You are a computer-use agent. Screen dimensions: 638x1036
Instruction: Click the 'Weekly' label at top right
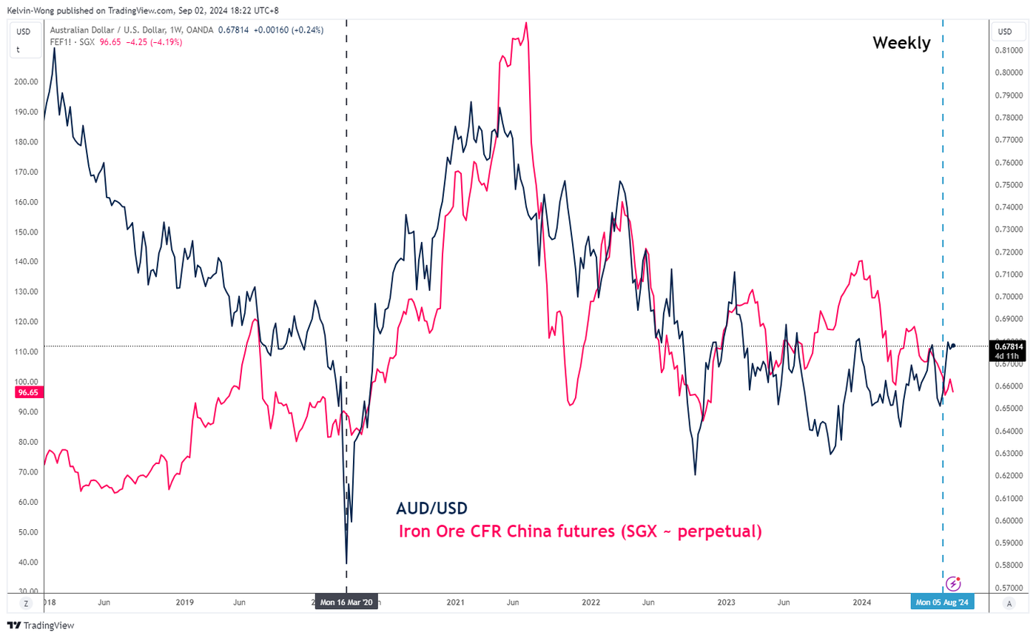tap(901, 43)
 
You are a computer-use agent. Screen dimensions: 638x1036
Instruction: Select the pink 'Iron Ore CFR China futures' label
tap(580, 531)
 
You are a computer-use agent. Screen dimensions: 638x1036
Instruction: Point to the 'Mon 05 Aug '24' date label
tap(942, 602)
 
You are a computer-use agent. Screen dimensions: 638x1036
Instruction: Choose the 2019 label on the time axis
tap(185, 602)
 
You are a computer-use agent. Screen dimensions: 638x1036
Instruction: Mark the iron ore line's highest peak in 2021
tap(526, 23)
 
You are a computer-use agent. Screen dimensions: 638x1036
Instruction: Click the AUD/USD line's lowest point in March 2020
tap(346, 564)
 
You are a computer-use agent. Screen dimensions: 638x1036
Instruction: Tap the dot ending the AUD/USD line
tap(954, 346)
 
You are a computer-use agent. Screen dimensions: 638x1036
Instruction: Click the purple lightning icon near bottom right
tap(954, 584)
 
